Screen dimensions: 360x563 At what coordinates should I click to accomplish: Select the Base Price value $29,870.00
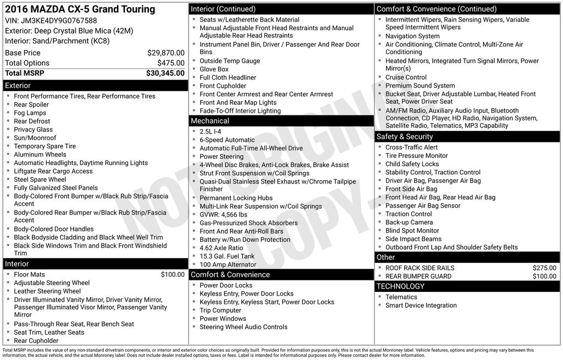click(x=165, y=53)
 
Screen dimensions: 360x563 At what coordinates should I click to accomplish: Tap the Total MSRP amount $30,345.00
click(x=165, y=73)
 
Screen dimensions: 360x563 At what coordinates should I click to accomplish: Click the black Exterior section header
click(x=95, y=85)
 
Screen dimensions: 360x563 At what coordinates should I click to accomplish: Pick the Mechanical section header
click(x=281, y=121)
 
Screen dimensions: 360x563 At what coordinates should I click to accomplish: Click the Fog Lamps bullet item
click(x=30, y=113)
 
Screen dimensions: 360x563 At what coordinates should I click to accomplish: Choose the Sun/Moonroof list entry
click(x=35, y=138)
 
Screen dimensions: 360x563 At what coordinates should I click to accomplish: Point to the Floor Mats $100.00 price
click(x=173, y=274)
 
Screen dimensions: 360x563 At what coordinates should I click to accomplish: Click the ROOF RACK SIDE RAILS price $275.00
click(x=544, y=268)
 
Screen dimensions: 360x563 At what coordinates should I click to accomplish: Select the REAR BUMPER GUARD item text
click(x=418, y=276)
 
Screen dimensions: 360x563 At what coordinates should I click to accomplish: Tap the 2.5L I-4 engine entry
click(x=211, y=132)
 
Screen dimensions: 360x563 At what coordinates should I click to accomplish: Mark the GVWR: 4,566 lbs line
click(x=223, y=214)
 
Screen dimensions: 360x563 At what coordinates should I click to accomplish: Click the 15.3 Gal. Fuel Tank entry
click(x=227, y=256)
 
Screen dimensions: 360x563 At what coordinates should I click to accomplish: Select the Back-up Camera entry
click(x=409, y=223)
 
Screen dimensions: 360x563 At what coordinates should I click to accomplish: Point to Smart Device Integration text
click(x=421, y=306)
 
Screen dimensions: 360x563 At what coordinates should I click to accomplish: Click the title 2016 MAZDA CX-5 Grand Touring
click(x=80, y=9)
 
